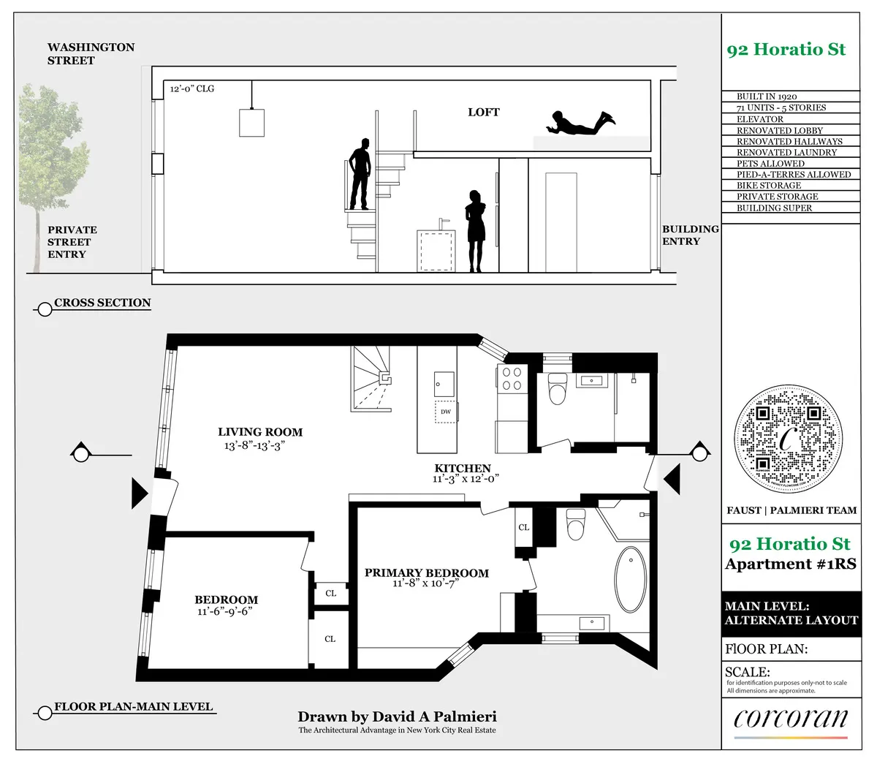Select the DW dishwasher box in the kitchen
point(445,412)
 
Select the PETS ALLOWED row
point(770,164)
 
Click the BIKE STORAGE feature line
point(769,186)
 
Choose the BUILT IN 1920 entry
point(767,97)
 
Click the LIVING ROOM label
point(260,432)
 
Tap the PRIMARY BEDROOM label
point(427,573)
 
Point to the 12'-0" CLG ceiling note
point(192,89)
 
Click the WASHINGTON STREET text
point(91,53)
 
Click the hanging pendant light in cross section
point(251,122)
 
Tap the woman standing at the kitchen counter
point(477,230)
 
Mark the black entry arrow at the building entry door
point(672,479)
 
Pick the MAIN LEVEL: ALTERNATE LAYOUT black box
point(791,613)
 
